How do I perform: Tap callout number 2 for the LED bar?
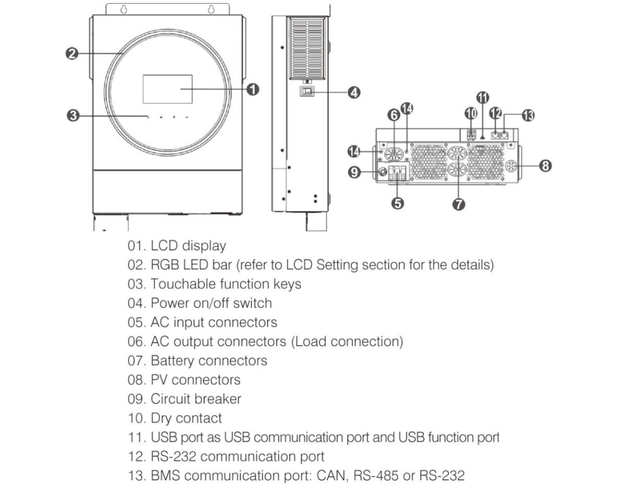pos(71,54)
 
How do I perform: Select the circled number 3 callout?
pos(73,115)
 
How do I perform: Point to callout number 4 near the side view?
pos(354,93)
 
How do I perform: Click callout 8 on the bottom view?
pos(545,165)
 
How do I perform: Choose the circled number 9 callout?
pos(355,172)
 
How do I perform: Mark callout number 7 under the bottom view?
pos(458,204)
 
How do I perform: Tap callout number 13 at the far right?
pos(528,116)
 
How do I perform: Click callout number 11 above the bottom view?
pos(482,97)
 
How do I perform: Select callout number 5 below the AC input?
pos(398,203)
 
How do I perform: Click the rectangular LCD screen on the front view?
pos(167,89)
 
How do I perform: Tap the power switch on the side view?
pos(307,92)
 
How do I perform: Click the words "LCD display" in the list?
pos(188,246)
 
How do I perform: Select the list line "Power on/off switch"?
pos(211,303)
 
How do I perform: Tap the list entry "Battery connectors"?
pos(209,361)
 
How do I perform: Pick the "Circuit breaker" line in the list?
pos(195,399)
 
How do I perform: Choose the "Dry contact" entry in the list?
pos(186,418)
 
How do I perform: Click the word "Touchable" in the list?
pos(180,284)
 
